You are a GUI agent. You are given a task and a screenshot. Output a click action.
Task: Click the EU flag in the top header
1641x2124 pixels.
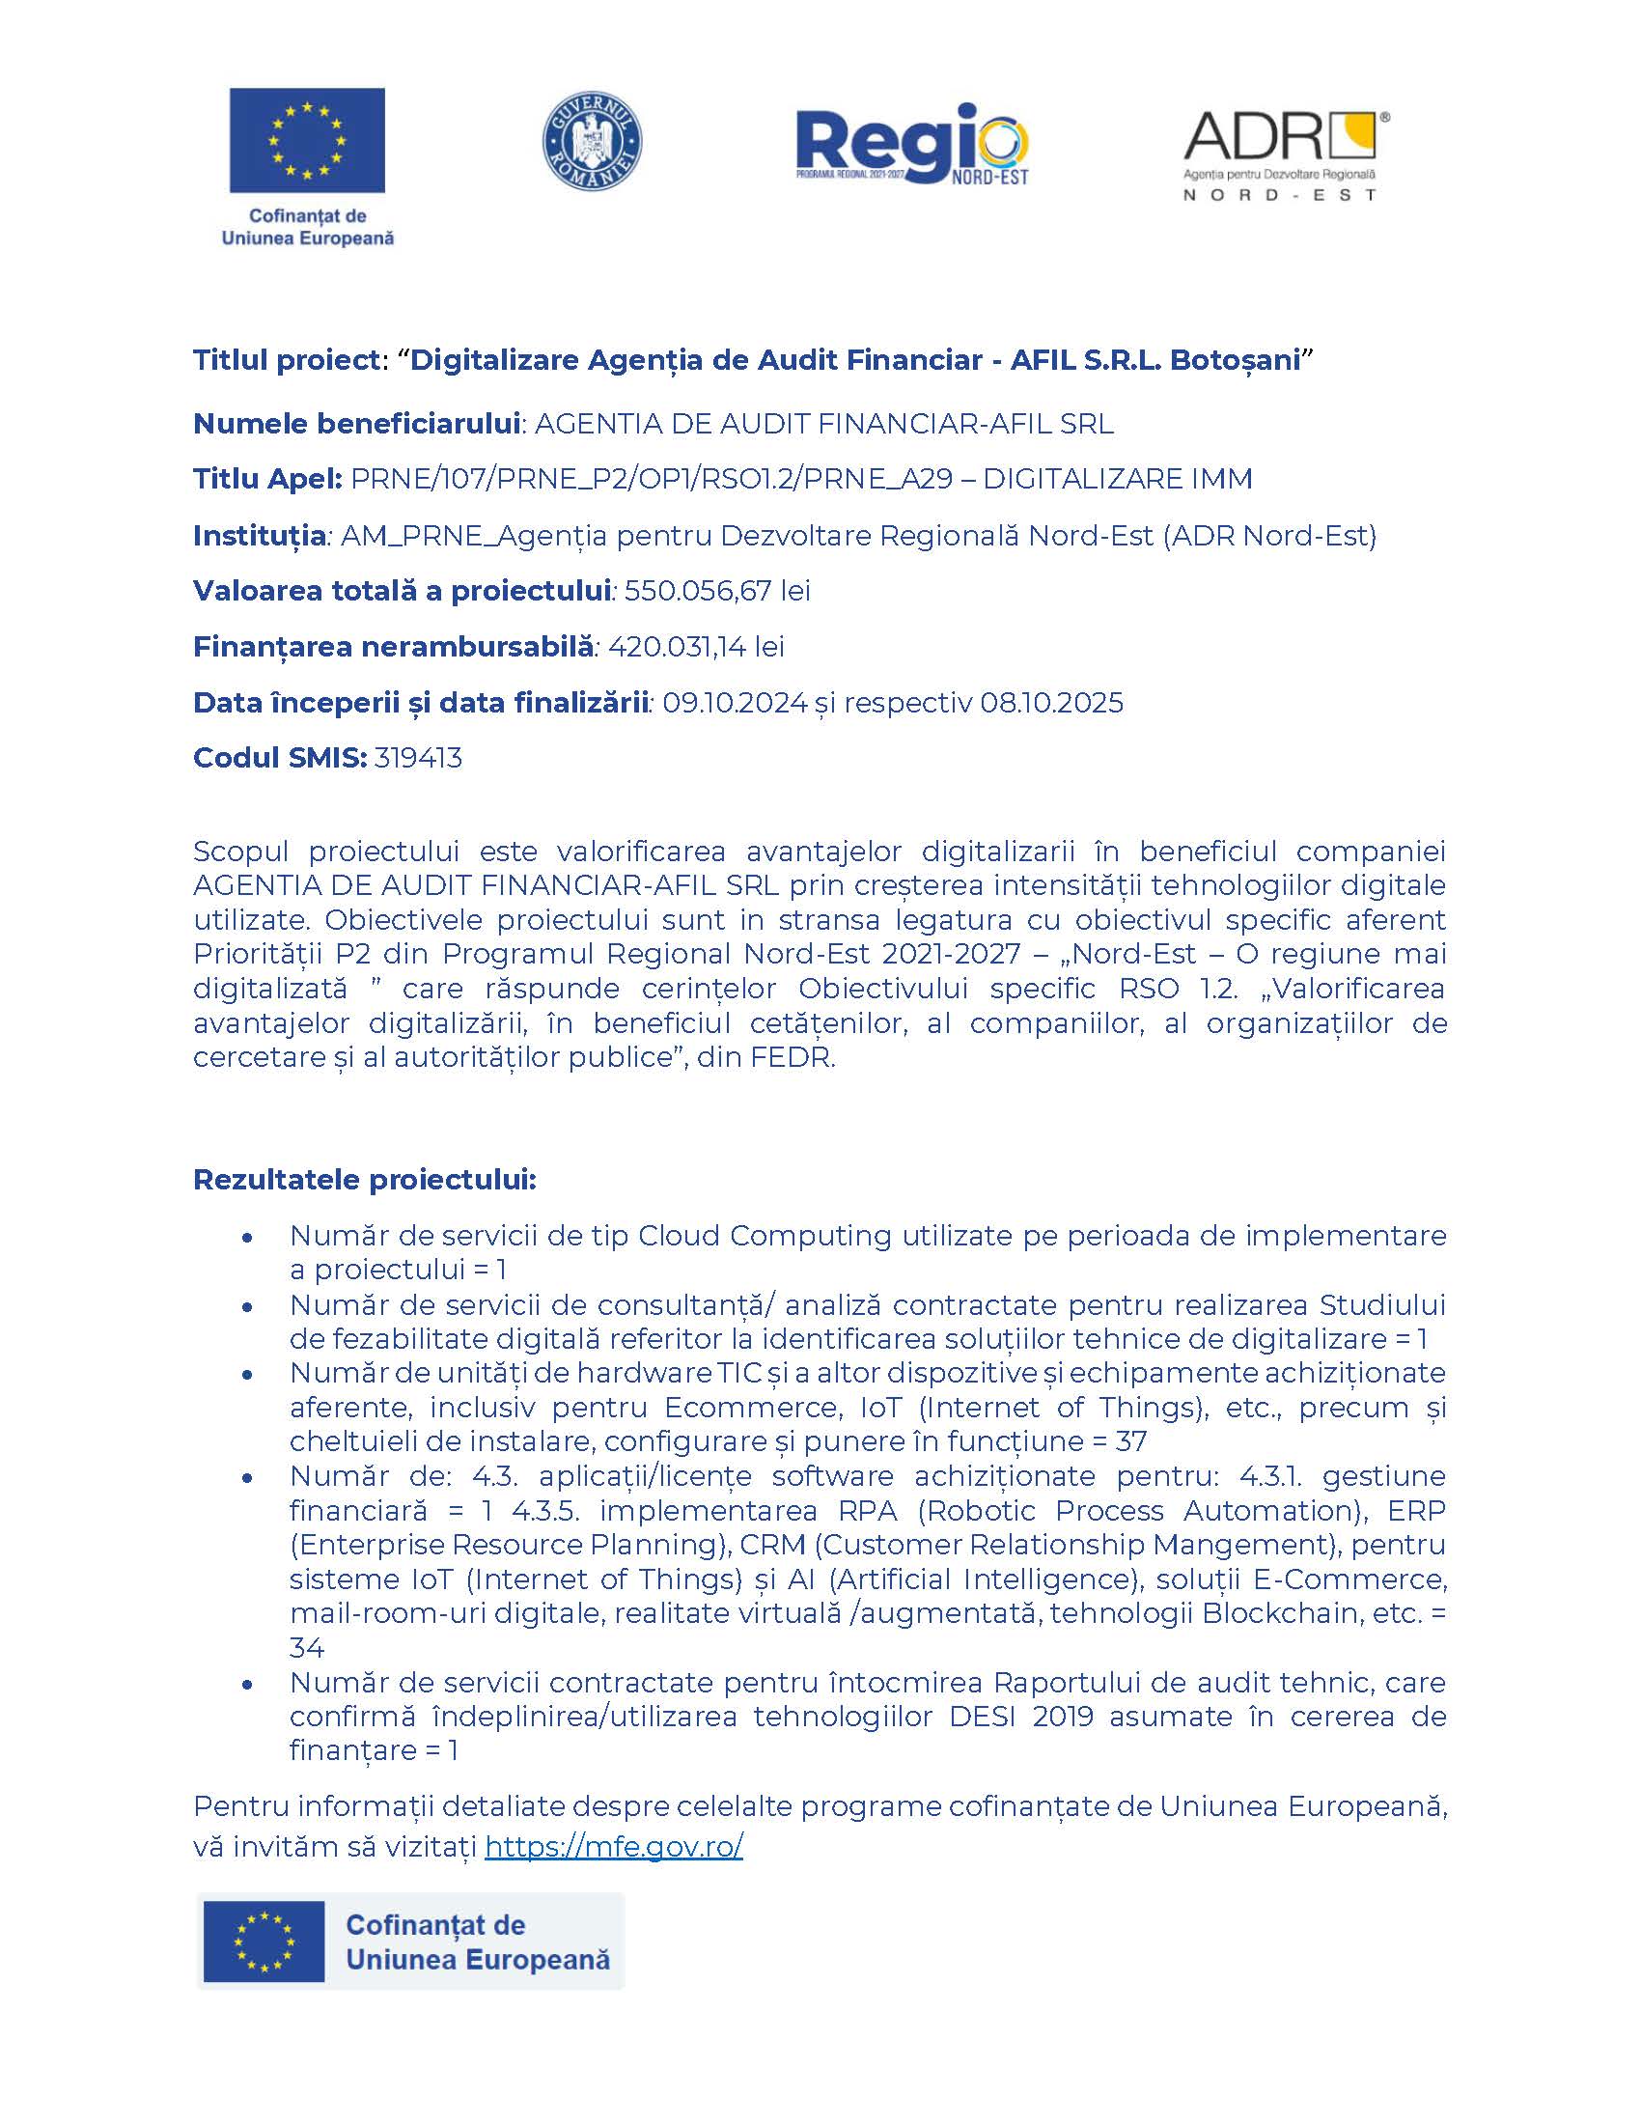[x=307, y=141]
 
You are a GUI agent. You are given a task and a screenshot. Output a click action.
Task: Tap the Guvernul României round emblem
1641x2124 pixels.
[x=591, y=141]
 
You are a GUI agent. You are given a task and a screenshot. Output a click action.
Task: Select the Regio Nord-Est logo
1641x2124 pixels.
[x=912, y=144]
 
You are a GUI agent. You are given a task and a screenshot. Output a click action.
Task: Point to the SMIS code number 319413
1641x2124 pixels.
[x=418, y=758]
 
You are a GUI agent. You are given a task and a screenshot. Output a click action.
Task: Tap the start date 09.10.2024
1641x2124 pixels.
[x=734, y=702]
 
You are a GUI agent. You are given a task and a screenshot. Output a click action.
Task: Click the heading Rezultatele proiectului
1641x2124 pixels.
[x=365, y=1180]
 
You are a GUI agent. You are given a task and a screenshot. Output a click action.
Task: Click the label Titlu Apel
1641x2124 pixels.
[x=267, y=479]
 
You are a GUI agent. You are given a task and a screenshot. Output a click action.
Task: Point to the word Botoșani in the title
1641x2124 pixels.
[x=1235, y=360]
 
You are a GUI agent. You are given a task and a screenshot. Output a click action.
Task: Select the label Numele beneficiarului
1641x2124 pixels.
[x=357, y=423]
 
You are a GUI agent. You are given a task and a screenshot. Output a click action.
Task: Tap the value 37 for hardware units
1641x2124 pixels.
[x=1130, y=1441]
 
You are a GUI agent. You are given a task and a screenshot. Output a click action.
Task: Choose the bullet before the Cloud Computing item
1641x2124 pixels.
[x=248, y=1237]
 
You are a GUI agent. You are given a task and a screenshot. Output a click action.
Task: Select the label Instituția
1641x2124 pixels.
[x=260, y=535]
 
